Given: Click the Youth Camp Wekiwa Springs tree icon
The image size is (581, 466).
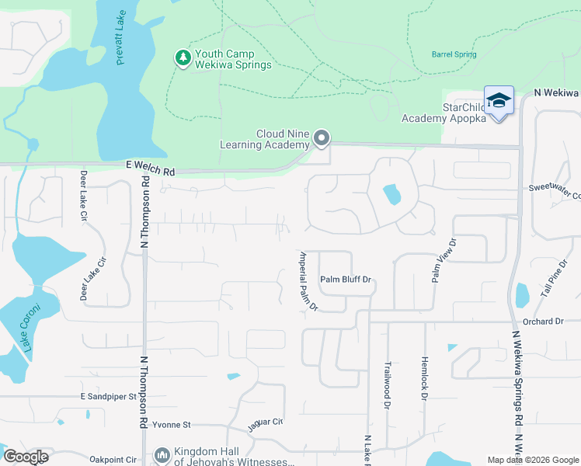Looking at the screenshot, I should (183, 59).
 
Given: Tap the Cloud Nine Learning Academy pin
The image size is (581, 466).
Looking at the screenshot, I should (322, 139).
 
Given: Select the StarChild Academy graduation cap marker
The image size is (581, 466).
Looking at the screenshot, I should (498, 101).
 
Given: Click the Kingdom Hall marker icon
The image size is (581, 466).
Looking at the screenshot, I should (162, 454).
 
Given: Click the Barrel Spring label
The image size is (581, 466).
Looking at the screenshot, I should (454, 54).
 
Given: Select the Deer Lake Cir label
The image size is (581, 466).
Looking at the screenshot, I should (84, 196).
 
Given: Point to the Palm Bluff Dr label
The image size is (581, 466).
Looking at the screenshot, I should (346, 279).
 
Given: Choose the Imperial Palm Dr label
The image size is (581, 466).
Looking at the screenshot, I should (308, 280).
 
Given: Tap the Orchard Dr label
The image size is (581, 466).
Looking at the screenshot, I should (542, 321).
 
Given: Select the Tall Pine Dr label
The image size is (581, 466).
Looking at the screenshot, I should (555, 280).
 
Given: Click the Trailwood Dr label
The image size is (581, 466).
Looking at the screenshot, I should (387, 384).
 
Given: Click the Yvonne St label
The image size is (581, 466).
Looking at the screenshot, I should (171, 425).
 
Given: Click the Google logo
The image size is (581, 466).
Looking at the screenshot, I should (26, 457).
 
